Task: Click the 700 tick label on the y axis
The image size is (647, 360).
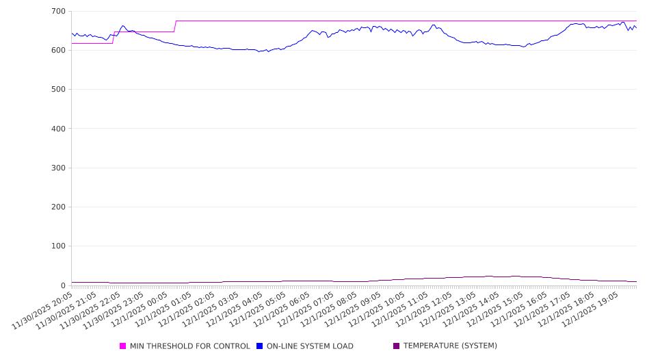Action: pos(58,12)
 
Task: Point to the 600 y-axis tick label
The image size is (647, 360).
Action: pos(58,51)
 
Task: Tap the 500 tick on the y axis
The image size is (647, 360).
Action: pos(58,90)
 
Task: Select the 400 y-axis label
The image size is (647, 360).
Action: pos(58,129)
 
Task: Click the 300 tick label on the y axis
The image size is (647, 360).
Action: pos(58,168)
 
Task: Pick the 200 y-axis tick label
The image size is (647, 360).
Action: pos(58,207)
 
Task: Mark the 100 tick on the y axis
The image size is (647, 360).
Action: pos(58,246)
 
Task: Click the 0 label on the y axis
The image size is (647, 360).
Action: pos(62,285)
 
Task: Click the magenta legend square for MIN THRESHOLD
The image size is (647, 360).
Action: pos(123,346)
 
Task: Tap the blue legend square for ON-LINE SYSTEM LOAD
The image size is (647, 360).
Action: pos(260,346)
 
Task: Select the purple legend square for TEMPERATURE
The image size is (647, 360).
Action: pos(397,346)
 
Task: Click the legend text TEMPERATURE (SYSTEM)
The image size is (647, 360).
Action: pos(450,346)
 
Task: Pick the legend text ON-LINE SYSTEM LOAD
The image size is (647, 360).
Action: pos(310,346)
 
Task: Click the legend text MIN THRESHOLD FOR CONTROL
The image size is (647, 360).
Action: pos(190,346)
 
